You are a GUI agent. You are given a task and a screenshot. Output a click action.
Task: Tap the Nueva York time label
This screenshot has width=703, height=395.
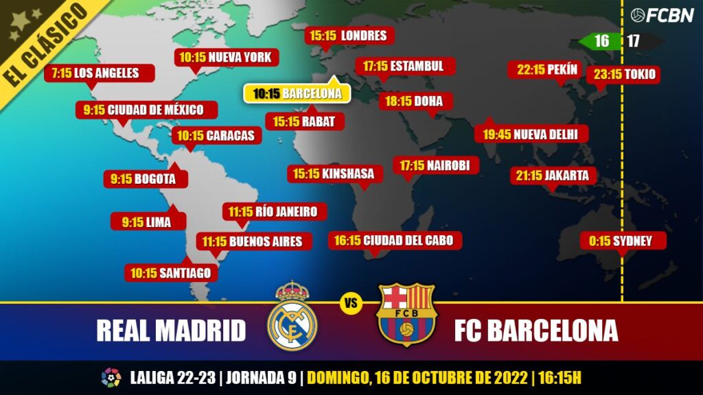226,57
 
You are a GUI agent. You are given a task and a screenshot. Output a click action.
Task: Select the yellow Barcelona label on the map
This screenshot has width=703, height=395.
297,94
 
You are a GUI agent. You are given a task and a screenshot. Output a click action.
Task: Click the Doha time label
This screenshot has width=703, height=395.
414,101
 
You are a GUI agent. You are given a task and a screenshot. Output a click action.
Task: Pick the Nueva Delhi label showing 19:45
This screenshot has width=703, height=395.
531,134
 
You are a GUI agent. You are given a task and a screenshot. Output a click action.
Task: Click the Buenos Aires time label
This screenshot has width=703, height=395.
253,241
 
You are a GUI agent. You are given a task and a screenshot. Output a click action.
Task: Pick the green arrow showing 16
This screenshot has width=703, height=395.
599,41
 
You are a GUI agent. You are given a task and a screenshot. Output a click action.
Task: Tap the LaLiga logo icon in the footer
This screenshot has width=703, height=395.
111,378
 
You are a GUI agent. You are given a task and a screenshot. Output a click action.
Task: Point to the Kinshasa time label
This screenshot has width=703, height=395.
334,174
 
